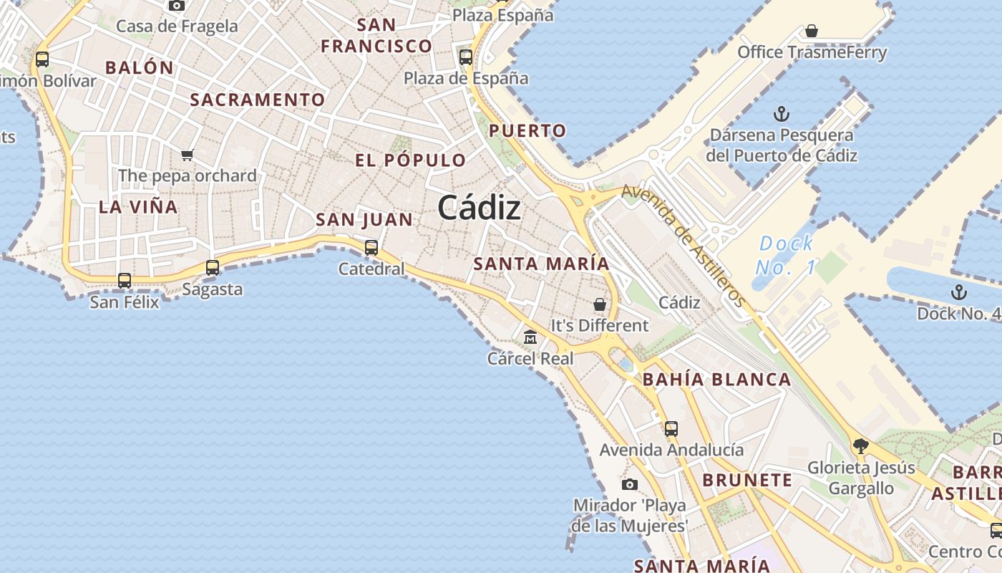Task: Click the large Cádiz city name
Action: coord(479,208)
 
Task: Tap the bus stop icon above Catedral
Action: coord(371,248)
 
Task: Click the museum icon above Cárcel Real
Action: coord(530,337)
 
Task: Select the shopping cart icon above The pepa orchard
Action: coord(188,155)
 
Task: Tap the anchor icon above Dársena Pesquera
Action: coord(782,114)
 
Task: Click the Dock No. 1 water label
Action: coord(786,255)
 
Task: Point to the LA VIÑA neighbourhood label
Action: coord(138,207)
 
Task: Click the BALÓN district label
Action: coord(140,68)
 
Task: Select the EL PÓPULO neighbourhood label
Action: coord(411,160)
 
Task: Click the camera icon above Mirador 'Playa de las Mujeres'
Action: coord(629,485)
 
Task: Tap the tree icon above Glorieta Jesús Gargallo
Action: coord(860,446)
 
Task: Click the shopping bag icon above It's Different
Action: coord(600,304)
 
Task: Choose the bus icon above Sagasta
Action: coord(213,268)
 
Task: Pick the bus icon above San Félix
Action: coord(125,281)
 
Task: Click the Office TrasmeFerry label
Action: coord(812,52)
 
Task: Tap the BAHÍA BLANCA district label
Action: coord(717,380)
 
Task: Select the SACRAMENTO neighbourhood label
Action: coord(258,100)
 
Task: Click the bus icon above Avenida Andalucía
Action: coord(671,429)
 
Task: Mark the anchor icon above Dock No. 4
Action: coord(958,292)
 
